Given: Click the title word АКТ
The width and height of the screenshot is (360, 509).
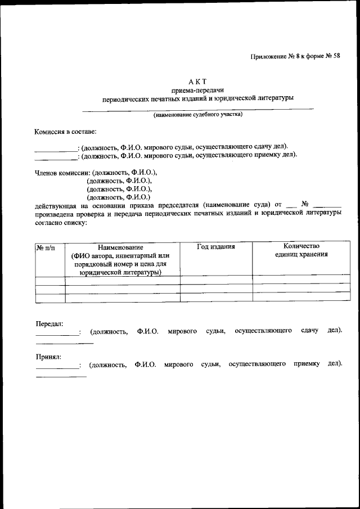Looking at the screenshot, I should coord(202,81).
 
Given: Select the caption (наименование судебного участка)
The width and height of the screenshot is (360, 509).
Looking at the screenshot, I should coord(198,114).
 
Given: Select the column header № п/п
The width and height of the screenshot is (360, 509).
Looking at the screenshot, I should coord(46,247).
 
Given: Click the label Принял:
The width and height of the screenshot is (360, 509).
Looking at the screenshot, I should coord(49,356).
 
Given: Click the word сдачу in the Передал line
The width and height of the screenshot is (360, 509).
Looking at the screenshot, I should coord(309,331).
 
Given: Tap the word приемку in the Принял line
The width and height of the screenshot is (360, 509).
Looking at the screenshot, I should coord(307,364).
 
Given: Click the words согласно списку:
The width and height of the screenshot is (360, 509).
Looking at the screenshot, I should coord(60,223).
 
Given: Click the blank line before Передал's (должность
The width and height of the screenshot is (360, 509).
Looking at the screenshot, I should coord(57,335).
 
